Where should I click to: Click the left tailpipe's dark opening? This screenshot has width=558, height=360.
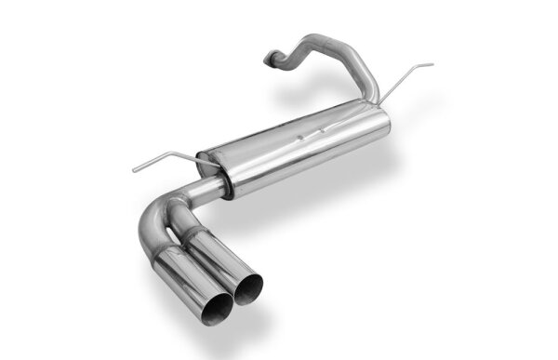(213, 311)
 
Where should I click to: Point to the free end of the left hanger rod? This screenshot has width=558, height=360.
(133, 169)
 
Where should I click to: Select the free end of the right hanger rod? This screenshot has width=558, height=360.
(432, 65)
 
